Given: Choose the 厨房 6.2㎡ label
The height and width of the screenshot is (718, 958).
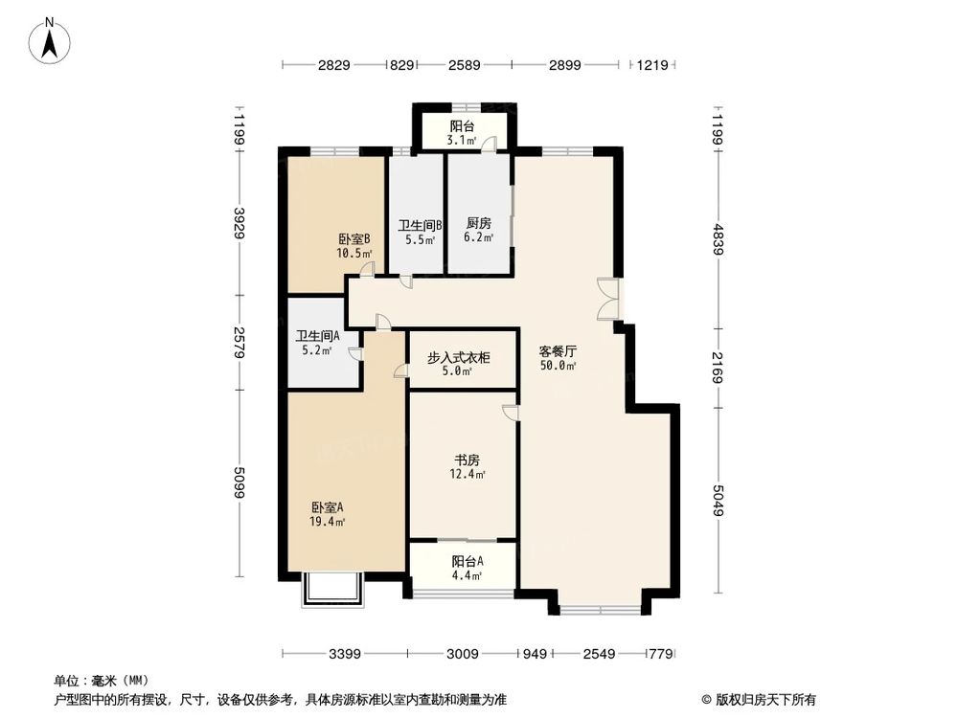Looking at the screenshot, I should pos(479,231).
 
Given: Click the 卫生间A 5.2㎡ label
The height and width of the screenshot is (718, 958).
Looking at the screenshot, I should pos(317,343).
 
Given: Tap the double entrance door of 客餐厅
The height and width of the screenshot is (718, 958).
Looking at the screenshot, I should pos(607,299).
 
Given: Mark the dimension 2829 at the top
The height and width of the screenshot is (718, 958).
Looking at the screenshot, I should pos(334,65).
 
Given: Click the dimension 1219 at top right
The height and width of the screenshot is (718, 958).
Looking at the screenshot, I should pos(651,65).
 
